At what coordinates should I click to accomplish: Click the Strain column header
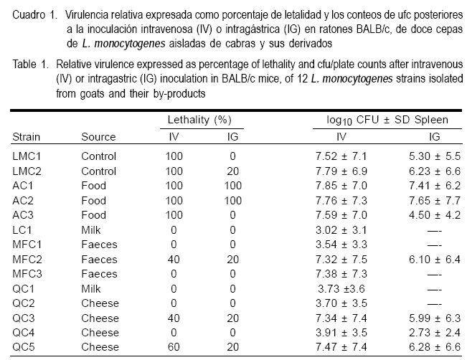click(x=25, y=136)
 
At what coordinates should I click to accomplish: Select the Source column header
click(x=98, y=136)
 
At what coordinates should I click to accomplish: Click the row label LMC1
click(x=26, y=153)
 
